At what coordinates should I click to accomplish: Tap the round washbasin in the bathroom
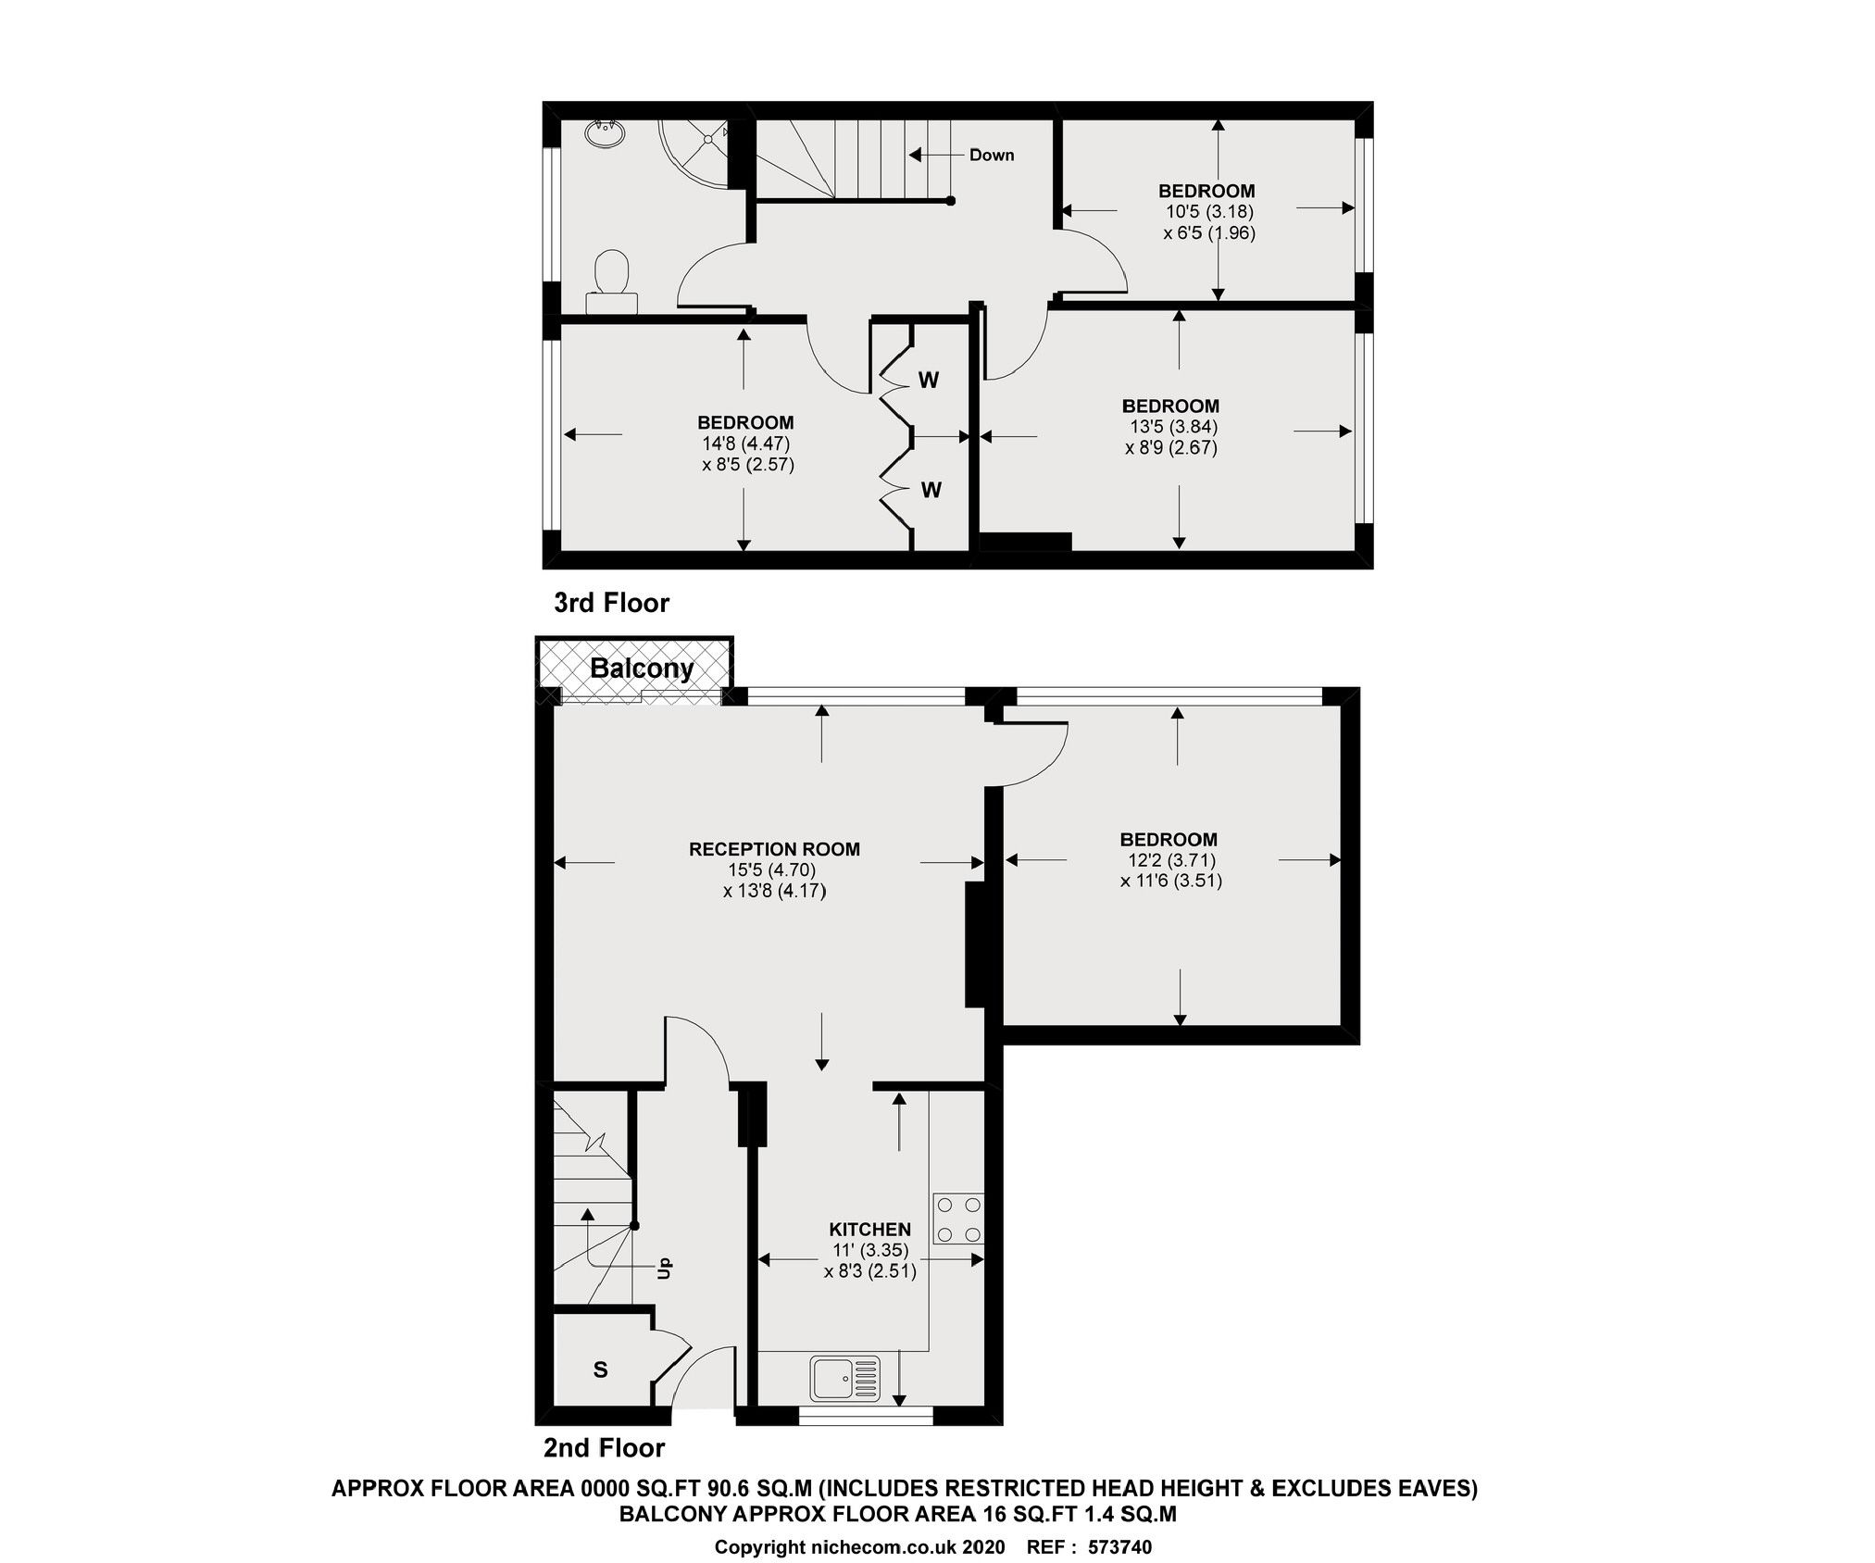coord(604,133)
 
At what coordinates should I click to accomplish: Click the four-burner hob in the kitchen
coord(959,1219)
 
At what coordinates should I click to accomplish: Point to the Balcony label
coord(641,668)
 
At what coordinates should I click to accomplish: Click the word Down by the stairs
coord(991,155)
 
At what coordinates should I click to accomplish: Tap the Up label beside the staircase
coord(663,1267)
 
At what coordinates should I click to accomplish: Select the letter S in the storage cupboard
coord(600,1369)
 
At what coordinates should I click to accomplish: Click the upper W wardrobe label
coord(929,380)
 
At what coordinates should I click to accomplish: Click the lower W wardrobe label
coord(931,490)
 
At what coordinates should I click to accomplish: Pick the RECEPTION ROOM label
coord(774,849)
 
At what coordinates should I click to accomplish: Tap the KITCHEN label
coord(869,1230)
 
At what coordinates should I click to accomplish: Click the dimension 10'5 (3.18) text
coord(1209,211)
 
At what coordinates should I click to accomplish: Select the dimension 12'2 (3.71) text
coord(1170,860)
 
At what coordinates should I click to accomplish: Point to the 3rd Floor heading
coord(611,603)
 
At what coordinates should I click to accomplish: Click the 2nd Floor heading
coord(604,1447)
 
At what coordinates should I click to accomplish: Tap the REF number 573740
coord(1119,1546)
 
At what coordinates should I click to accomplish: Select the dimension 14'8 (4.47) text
coord(745,444)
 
